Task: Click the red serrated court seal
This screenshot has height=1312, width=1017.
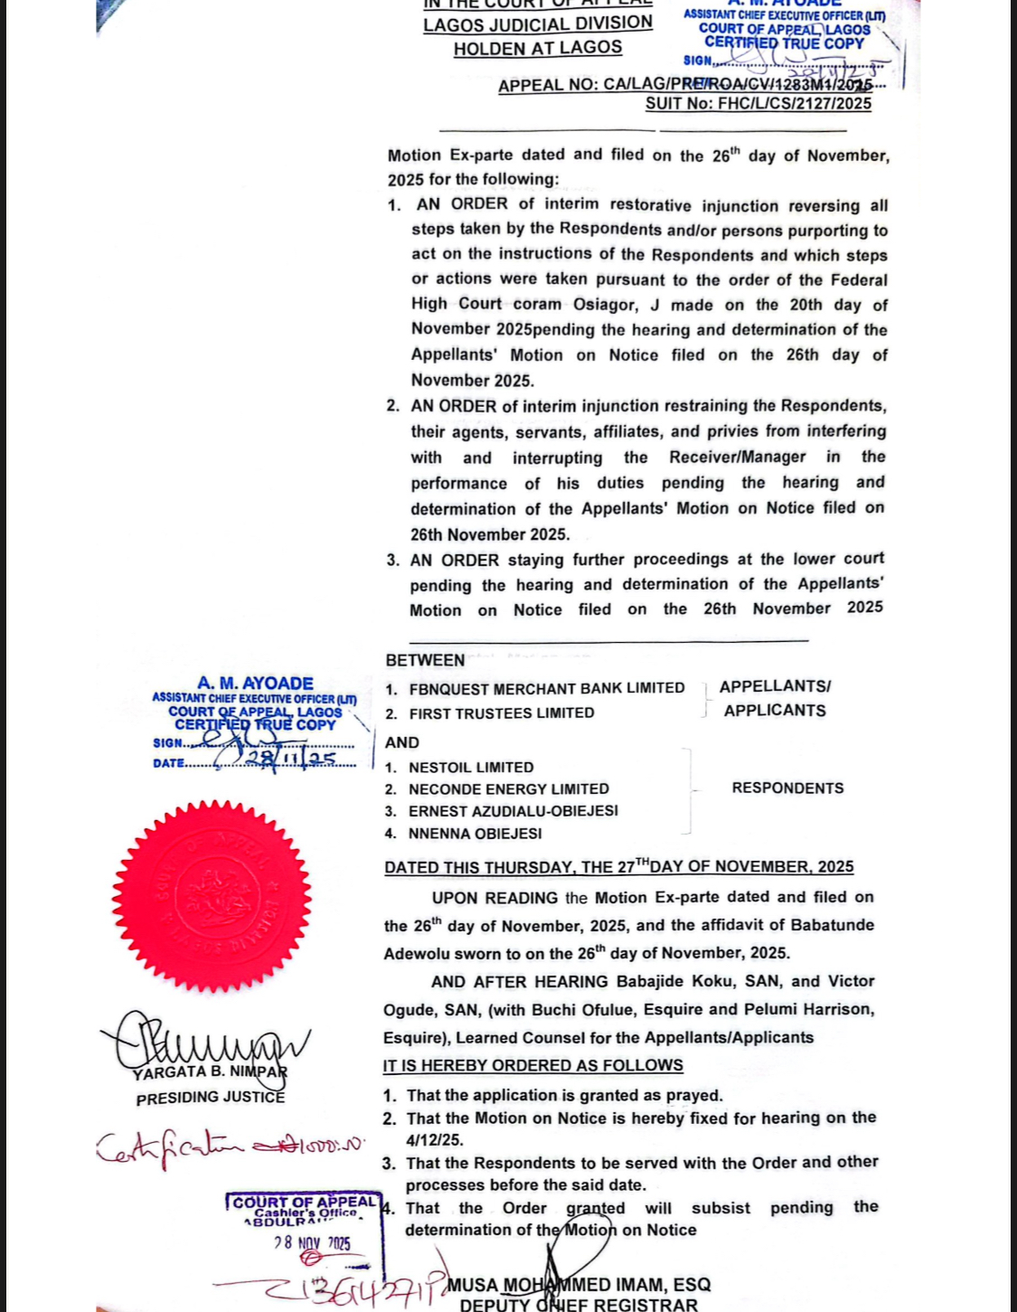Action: click(212, 895)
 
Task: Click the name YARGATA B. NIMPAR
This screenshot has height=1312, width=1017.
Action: click(210, 1072)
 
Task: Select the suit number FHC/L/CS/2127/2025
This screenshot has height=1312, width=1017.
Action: click(758, 104)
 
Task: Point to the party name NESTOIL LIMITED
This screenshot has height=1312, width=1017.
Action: click(471, 767)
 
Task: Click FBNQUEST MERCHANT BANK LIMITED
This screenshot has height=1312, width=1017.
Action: click(547, 688)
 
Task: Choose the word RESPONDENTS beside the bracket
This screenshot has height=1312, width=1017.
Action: click(787, 788)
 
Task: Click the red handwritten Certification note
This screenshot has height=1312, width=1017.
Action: click(231, 1147)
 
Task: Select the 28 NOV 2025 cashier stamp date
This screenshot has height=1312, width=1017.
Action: click(313, 1243)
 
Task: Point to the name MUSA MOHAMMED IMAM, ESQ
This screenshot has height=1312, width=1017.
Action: click(579, 1285)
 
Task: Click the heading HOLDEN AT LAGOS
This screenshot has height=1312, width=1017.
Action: click(538, 48)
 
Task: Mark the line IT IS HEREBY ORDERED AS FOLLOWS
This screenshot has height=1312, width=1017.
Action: click(532, 1065)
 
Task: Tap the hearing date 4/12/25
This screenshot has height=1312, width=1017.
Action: click(435, 1140)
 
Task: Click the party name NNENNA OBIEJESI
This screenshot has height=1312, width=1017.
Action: click(476, 833)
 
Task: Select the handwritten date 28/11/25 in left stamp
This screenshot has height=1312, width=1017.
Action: click(289, 759)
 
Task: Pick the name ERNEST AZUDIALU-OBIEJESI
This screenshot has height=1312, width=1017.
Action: click(513, 811)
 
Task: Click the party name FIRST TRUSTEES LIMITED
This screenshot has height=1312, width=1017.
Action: click(502, 713)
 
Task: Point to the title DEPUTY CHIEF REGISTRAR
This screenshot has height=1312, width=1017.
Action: click(579, 1305)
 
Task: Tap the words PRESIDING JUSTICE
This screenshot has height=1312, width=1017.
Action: click(211, 1098)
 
